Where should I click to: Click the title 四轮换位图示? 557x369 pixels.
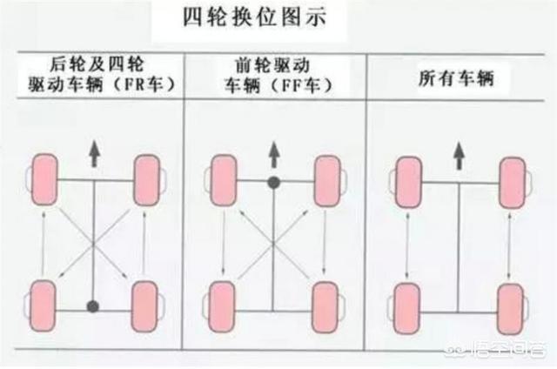click(x=254, y=17)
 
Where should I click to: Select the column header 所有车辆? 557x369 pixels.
click(x=456, y=78)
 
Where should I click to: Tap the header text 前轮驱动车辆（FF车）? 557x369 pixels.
click(x=276, y=76)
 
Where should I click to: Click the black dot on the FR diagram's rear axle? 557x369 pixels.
click(x=93, y=306)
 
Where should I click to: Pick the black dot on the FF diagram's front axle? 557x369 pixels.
click(x=273, y=183)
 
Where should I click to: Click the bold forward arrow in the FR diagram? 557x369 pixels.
click(x=94, y=154)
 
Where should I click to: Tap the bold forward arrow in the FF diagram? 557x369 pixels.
click(x=274, y=155)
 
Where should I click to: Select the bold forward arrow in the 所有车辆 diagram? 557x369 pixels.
click(x=460, y=156)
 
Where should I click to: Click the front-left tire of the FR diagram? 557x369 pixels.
click(x=44, y=179)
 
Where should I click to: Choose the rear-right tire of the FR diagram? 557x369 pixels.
click(x=144, y=306)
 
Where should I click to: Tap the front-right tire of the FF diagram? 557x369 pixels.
click(x=327, y=181)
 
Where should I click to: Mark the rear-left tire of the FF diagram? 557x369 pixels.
click(x=223, y=307)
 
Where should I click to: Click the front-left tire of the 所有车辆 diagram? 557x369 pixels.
click(x=409, y=182)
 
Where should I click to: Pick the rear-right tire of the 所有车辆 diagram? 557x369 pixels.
click(x=511, y=309)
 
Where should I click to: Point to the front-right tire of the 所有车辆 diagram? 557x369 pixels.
click(x=513, y=183)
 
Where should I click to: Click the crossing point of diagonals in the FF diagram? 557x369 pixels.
click(x=273, y=244)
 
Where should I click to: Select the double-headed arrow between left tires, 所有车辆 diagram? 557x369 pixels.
click(x=407, y=245)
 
